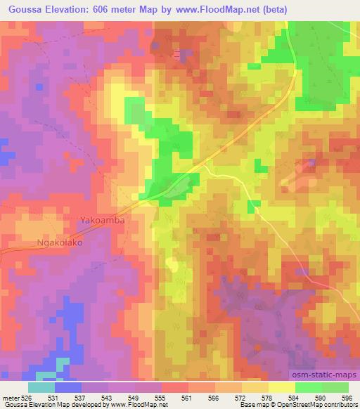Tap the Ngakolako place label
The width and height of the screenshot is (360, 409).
point(60,243)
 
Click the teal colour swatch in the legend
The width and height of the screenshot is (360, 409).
point(41,387)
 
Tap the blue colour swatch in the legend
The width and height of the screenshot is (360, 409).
point(68,387)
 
